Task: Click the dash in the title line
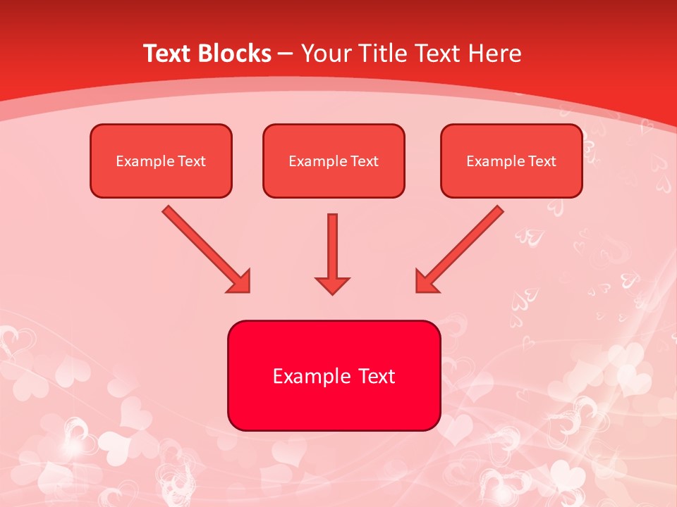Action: pos(286,54)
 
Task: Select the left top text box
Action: pos(161,161)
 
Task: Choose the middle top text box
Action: pos(334,161)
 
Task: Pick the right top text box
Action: pos(511,161)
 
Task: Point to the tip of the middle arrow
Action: pos(333,292)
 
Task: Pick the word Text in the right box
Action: pos(542,161)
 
